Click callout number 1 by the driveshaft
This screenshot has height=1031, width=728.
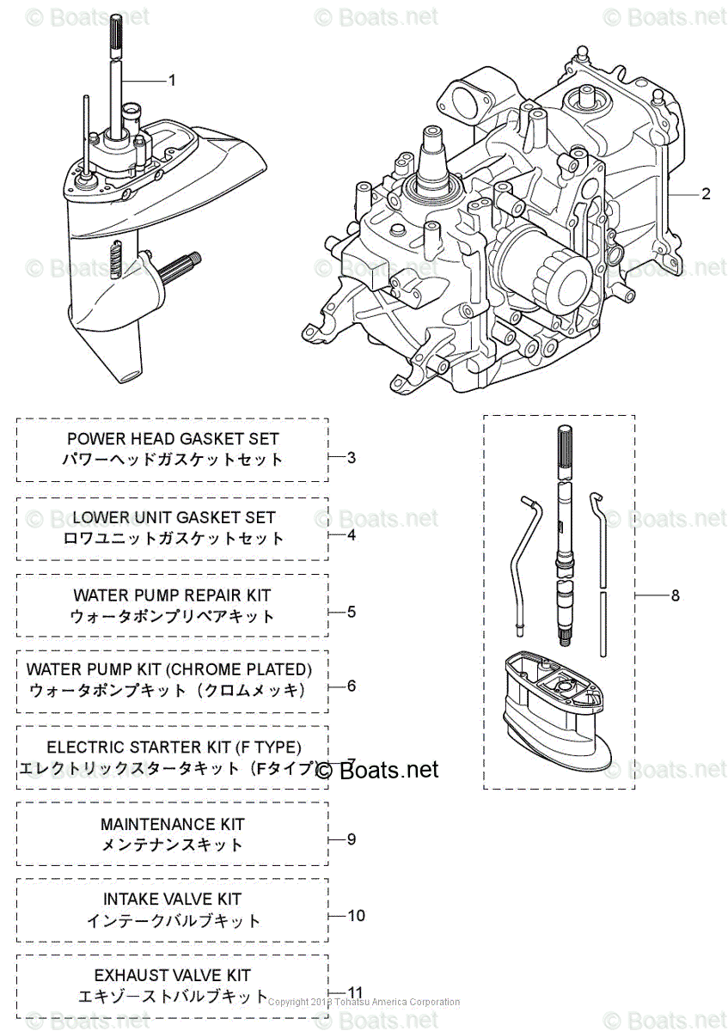pyautogui.click(x=171, y=80)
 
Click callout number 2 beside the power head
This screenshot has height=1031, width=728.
pyautogui.click(x=705, y=194)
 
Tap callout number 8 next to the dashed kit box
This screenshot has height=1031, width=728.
pyautogui.click(x=675, y=595)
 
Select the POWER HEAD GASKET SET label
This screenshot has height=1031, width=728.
pyautogui.click(x=173, y=439)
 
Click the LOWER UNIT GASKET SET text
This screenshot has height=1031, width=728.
pyautogui.click(x=174, y=517)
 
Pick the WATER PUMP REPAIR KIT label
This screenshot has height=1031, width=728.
pyautogui.click(x=172, y=595)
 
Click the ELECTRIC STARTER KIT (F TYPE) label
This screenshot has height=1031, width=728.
pyautogui.click(x=174, y=748)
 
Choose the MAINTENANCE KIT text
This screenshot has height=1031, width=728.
pyautogui.click(x=173, y=824)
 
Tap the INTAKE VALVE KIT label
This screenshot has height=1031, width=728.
pyautogui.click(x=173, y=900)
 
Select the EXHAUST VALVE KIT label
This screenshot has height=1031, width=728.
pyautogui.click(x=173, y=975)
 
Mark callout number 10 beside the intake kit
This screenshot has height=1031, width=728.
pyautogui.click(x=355, y=915)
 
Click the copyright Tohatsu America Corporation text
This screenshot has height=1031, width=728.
pyautogui.click(x=364, y=1002)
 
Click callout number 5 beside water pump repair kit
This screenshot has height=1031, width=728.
pyautogui.click(x=352, y=612)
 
